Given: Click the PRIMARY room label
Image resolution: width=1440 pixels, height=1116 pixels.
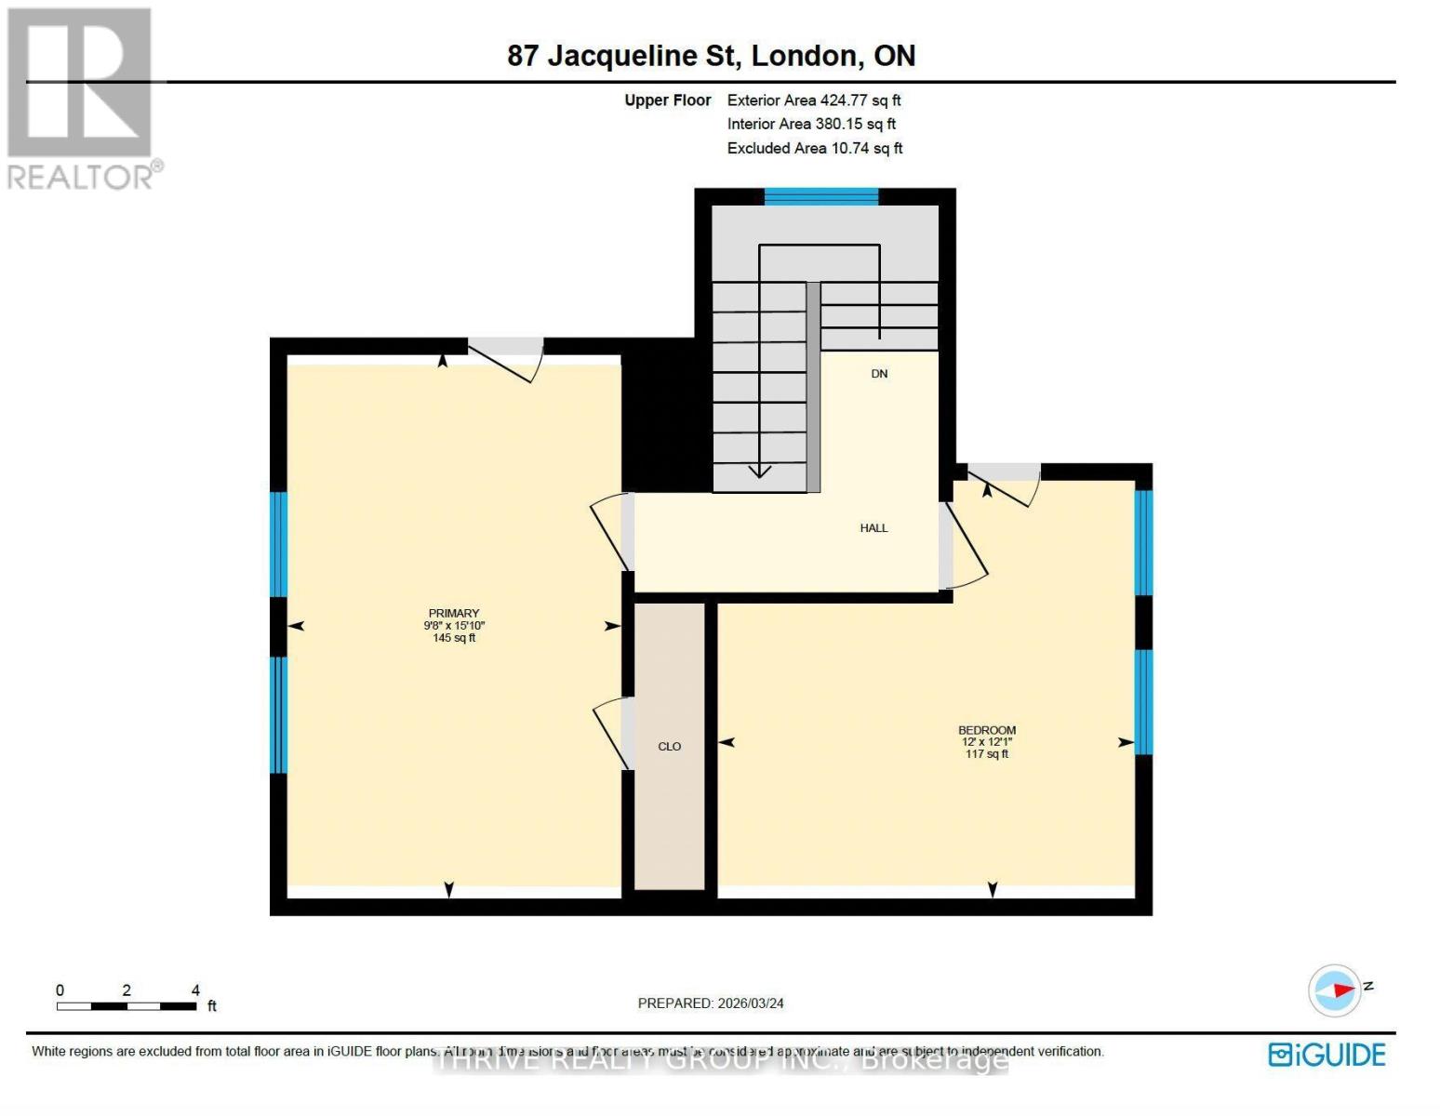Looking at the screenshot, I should click(453, 614).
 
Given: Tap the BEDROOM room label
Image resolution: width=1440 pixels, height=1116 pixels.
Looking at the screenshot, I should click(986, 731).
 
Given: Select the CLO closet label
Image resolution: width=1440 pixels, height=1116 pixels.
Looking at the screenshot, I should click(669, 747).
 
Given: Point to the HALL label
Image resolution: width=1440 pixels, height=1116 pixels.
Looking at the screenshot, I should click(873, 528).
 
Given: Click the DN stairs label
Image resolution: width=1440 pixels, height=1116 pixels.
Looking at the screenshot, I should click(879, 374).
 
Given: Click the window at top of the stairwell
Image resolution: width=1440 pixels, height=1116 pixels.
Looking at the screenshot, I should click(820, 196).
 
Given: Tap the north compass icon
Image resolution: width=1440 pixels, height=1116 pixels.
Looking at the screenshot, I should click(1336, 990).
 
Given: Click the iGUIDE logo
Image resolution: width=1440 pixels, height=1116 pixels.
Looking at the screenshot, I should click(1327, 1055).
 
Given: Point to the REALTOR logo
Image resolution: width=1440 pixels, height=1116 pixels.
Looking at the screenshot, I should click(82, 98).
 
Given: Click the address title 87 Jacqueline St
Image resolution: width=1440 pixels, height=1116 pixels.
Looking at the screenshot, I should click(711, 56).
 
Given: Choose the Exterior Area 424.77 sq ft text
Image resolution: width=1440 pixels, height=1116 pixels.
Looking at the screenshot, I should click(813, 100).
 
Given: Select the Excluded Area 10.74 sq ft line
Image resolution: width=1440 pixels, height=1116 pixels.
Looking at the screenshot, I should click(814, 149).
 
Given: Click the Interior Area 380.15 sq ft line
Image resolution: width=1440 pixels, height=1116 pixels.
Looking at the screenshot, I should click(811, 125).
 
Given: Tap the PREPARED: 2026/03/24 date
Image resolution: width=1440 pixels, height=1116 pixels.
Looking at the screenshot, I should click(711, 1003).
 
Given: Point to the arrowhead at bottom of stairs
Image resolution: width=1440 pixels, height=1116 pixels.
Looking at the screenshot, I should click(760, 472).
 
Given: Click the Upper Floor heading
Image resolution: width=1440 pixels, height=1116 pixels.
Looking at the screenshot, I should click(667, 100).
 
